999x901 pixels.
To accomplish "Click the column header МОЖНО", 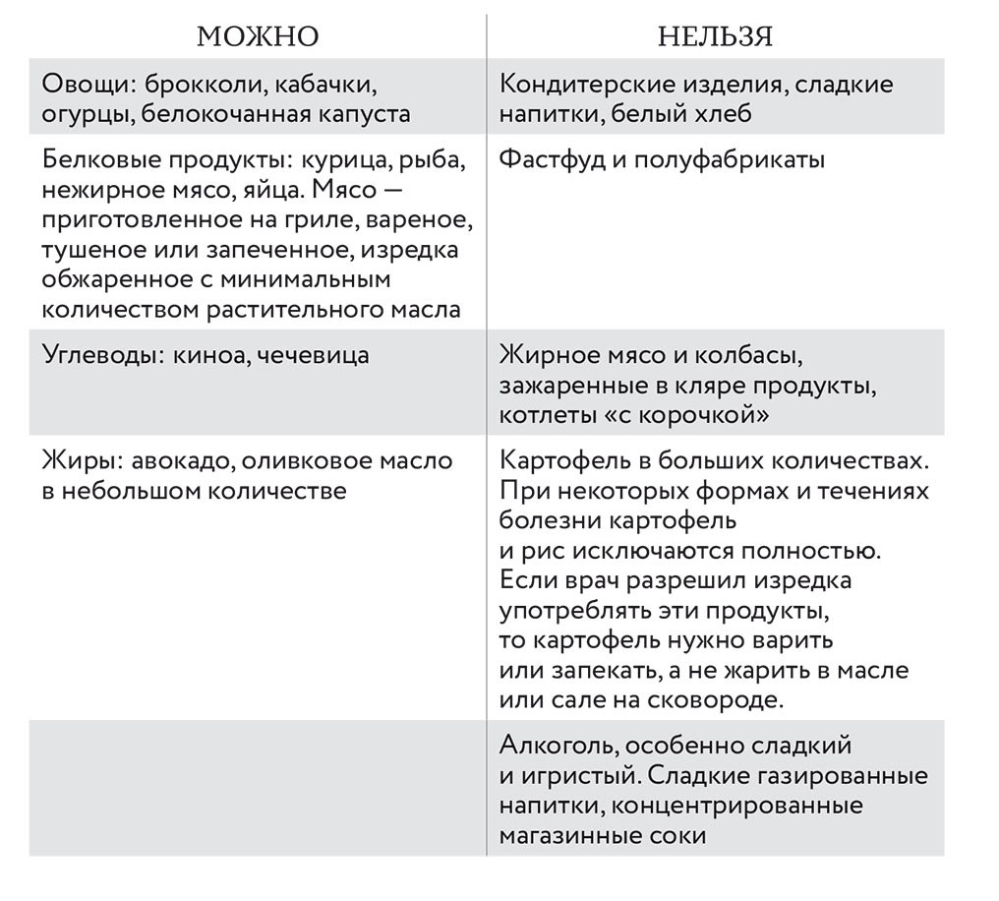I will (258, 37).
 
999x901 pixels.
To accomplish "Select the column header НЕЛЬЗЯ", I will (715, 37).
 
